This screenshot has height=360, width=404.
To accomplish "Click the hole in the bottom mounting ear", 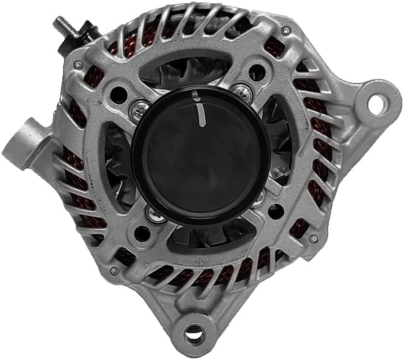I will (x=194, y=333).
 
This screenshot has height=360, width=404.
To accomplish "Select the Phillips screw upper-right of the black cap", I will (x=242, y=91).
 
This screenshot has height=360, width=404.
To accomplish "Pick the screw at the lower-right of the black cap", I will (x=258, y=199).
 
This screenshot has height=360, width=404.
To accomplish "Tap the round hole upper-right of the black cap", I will (x=256, y=72).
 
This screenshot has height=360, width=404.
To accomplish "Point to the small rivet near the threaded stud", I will (x=79, y=65).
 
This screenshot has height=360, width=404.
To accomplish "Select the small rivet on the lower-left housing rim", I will (x=115, y=270).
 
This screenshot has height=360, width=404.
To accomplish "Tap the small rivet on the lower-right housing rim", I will (x=314, y=238).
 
